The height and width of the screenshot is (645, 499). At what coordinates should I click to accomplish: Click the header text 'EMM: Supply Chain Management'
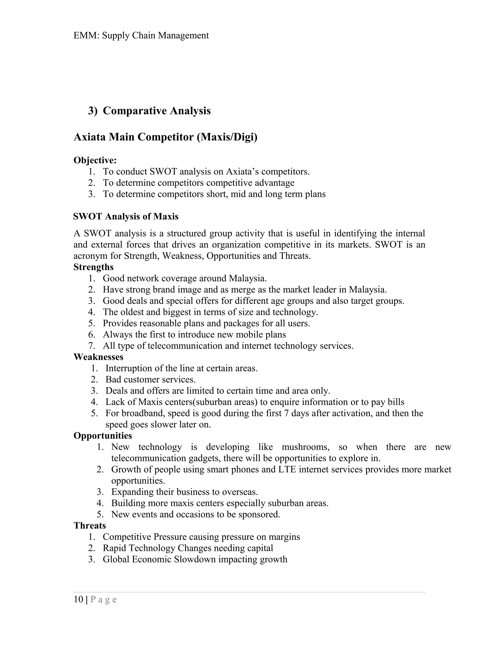141,36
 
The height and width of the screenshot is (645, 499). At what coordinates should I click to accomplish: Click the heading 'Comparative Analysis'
156,111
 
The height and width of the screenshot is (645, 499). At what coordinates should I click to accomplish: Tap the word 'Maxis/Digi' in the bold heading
227,137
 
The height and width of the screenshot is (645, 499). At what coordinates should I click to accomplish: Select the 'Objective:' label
95,160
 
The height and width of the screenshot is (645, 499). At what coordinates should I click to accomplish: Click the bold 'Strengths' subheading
93,267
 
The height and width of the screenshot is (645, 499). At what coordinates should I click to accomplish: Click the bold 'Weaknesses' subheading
98,357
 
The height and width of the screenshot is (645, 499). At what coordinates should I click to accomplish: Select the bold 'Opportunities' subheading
103,436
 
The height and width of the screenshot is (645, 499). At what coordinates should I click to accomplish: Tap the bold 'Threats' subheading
90,525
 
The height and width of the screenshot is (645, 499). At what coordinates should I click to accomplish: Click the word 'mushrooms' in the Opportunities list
305,447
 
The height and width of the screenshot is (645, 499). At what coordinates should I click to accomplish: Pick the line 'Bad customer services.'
151,379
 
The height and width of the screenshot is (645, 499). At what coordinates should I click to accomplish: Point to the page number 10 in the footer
78,599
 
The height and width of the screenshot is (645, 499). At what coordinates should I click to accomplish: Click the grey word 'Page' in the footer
104,600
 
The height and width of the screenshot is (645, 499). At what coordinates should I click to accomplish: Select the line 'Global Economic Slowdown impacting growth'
195,559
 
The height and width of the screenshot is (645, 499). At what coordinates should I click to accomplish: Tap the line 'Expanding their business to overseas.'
184,492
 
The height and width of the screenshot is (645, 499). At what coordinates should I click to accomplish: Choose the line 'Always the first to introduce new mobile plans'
194,334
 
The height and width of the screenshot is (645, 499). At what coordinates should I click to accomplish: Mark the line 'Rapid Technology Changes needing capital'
188,548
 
